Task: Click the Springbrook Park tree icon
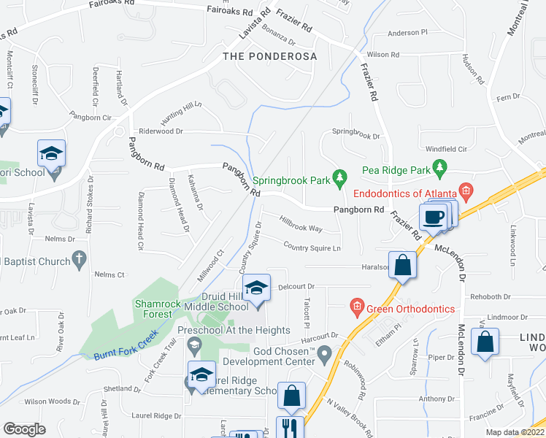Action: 339,177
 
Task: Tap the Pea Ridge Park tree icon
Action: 439,169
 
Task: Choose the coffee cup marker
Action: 433,216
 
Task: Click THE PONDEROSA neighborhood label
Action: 270,56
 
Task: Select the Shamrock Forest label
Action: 153,309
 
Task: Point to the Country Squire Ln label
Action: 312,247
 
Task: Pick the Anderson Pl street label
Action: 407,33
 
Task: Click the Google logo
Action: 24,429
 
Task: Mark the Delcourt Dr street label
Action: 295,286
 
